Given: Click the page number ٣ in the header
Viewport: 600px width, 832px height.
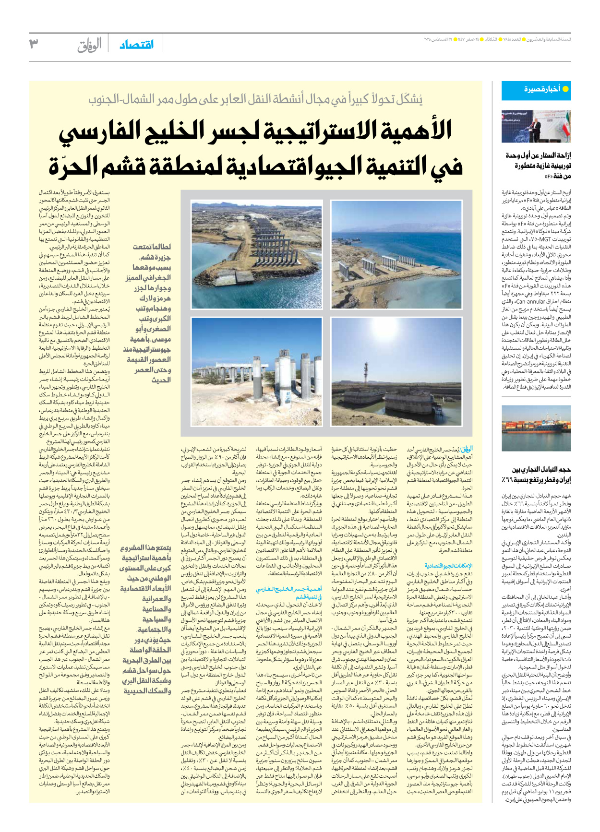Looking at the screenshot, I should pyautogui.click(x=34, y=44).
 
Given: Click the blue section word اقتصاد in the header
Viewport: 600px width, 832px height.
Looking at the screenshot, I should pyautogui.click(x=137, y=45).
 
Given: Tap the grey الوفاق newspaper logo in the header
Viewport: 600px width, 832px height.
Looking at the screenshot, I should pyautogui.click(x=90, y=46).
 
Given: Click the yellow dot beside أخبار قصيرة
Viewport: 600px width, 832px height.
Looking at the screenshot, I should pyautogui.click(x=565, y=89).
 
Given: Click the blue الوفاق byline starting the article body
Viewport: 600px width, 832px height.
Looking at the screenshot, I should pyautogui.click(x=466, y=450).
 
